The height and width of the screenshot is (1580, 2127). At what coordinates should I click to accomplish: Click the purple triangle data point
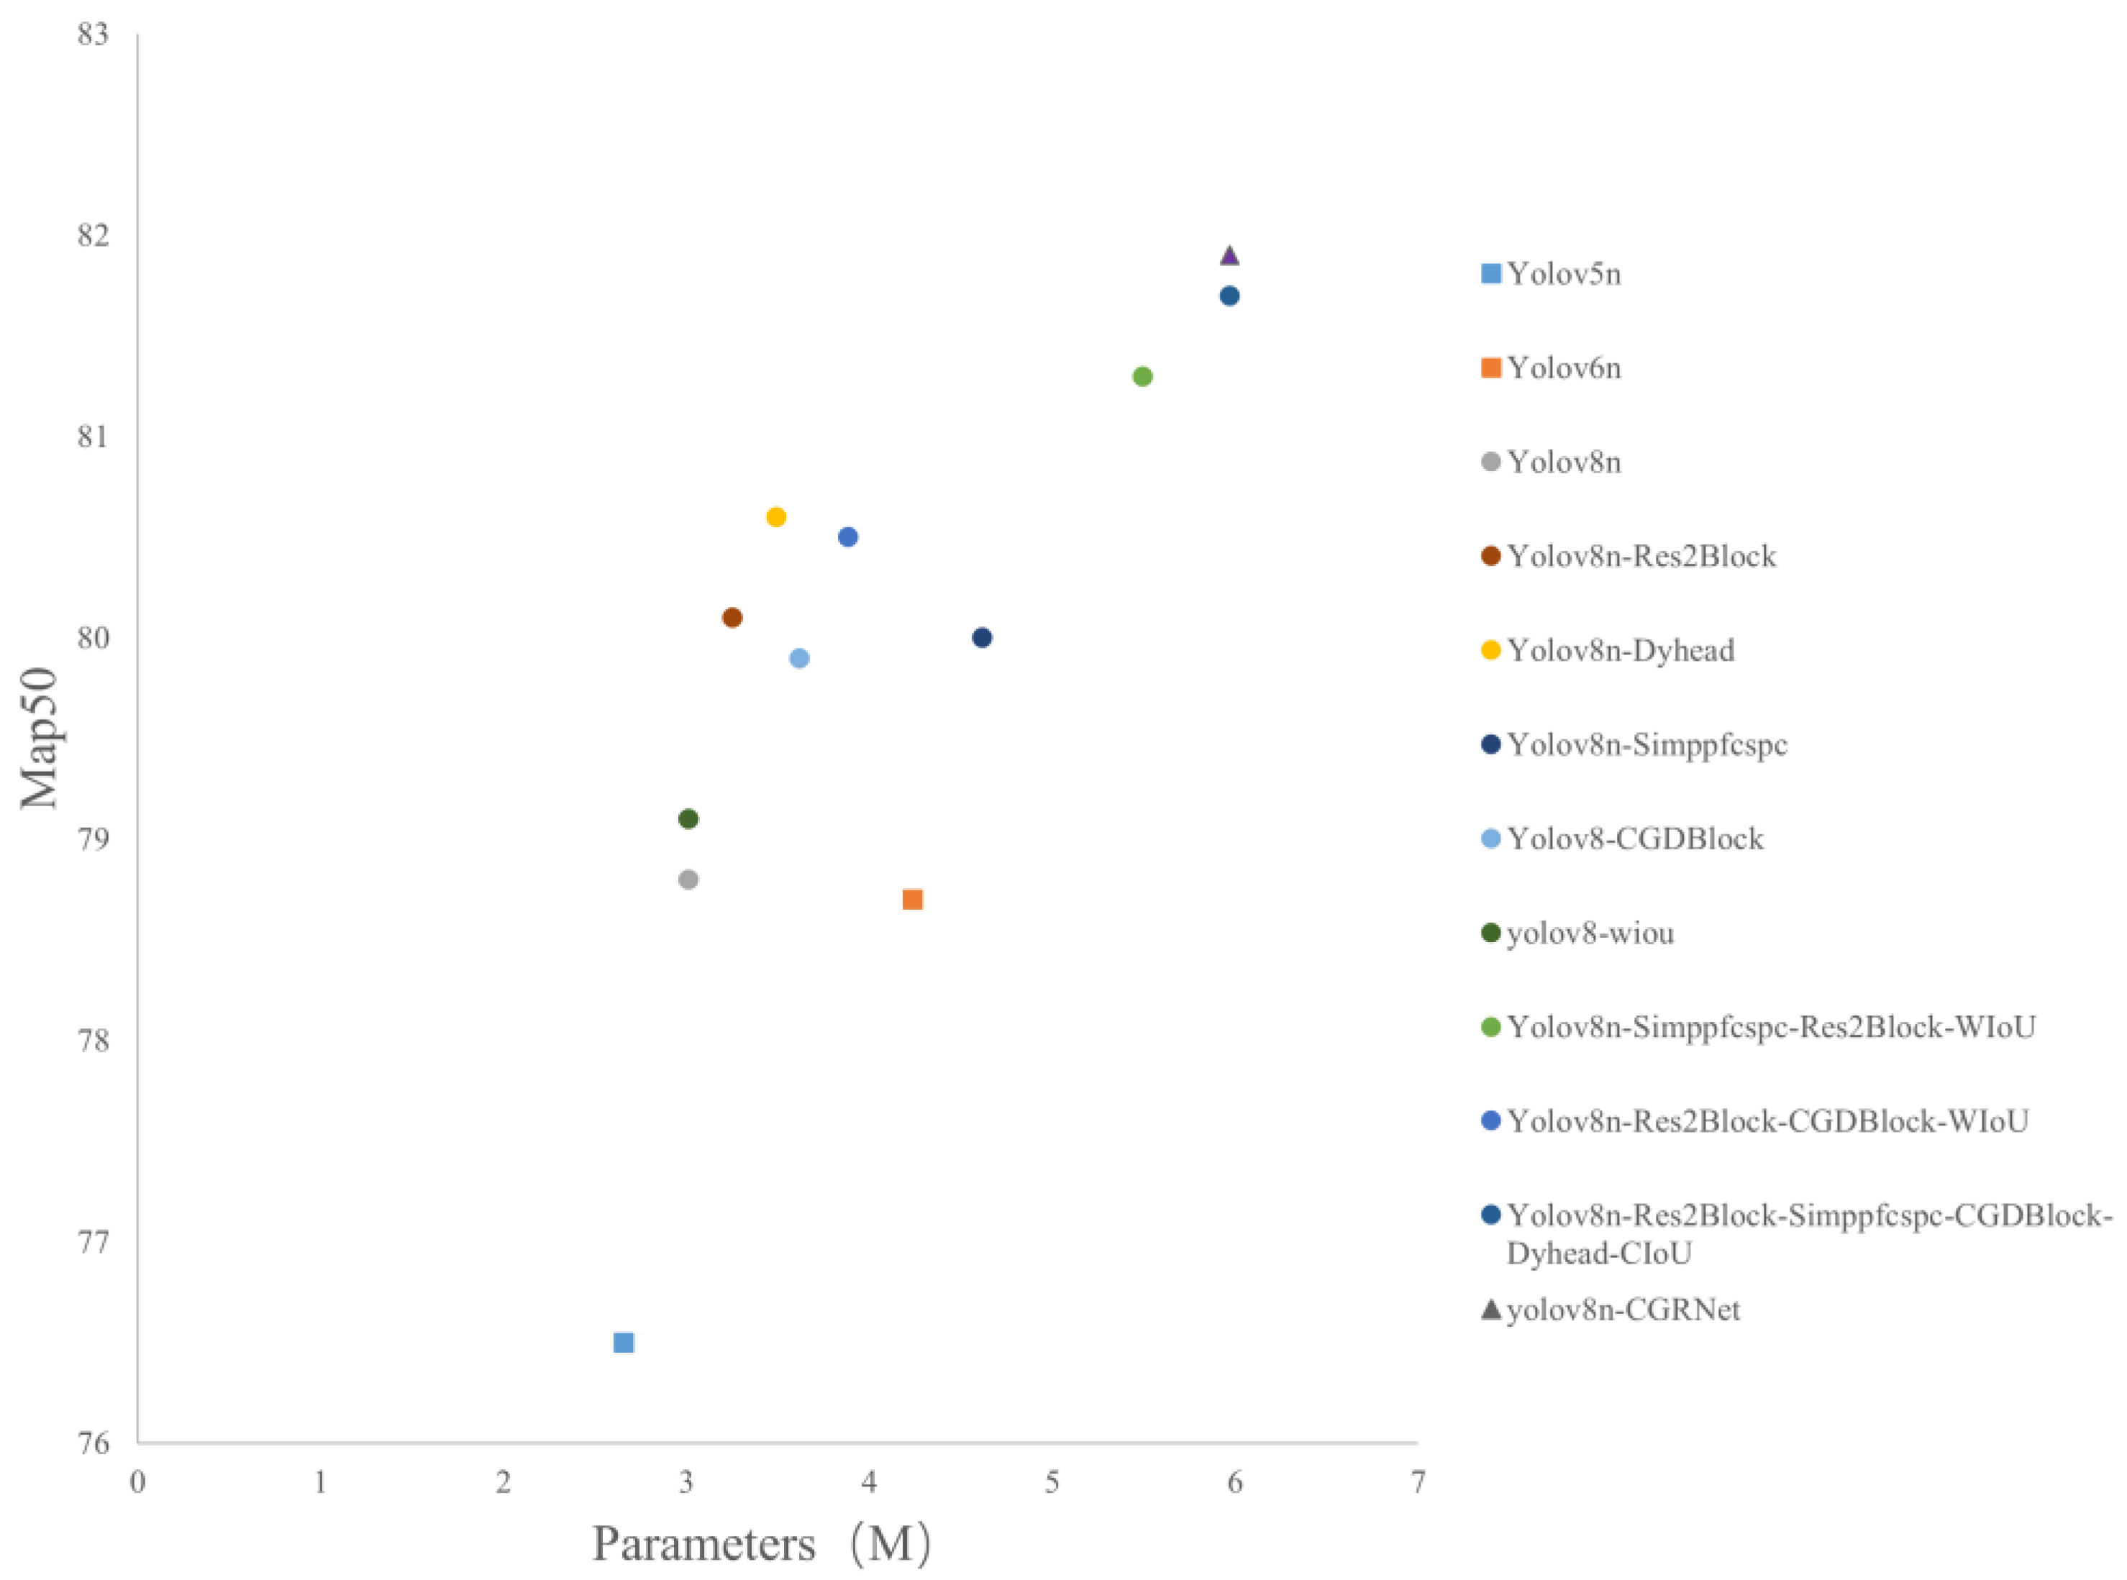[1229, 255]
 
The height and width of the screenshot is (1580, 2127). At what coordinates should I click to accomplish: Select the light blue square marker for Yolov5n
[623, 1342]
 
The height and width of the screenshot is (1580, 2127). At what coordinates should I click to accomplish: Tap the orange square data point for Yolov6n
[912, 899]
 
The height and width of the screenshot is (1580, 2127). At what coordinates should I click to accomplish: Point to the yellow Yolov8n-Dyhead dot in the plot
[775, 516]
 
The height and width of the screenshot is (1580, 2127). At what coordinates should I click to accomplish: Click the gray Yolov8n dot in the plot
[688, 879]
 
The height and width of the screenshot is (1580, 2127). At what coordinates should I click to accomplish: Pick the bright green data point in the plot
[1142, 376]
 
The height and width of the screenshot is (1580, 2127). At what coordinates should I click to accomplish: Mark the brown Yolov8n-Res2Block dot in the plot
[732, 617]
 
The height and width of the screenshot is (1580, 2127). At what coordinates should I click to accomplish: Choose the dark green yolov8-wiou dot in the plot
[688, 818]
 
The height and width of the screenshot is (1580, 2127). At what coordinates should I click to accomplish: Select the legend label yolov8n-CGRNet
[1622, 1310]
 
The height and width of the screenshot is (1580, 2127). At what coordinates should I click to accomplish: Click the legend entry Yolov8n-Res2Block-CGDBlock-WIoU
[1767, 1121]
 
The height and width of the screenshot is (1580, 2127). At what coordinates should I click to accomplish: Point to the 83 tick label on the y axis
[93, 35]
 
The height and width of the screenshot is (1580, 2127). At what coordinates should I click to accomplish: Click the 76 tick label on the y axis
[93, 1442]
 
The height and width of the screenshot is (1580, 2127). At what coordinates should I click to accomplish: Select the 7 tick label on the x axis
[1417, 1482]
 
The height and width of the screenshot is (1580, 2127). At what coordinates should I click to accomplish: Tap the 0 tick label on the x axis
[137, 1482]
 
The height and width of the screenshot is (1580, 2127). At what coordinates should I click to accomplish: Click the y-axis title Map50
[40, 739]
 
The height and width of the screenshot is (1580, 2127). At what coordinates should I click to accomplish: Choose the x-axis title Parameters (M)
[761, 1543]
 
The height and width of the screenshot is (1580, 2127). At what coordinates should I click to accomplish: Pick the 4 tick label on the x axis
[868, 1482]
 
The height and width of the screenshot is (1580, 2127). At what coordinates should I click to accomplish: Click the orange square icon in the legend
[1490, 368]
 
